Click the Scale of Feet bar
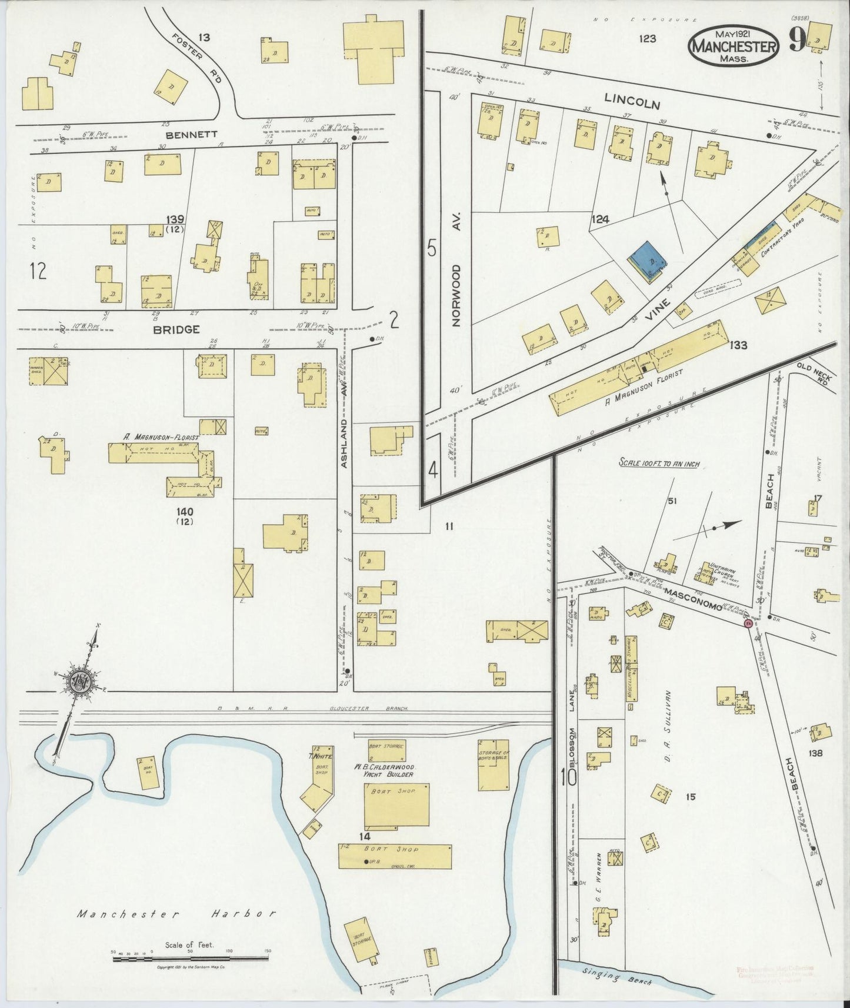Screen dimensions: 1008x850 (190, 959)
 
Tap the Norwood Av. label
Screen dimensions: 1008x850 (457, 270)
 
